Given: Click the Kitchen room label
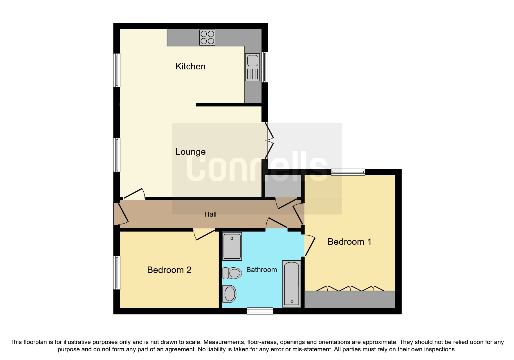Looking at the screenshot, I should click(x=190, y=66).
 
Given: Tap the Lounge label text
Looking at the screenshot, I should click(x=190, y=152).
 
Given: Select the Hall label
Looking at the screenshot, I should click(x=210, y=214).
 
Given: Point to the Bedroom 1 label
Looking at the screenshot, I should click(x=349, y=242).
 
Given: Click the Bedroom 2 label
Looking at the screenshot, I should click(x=169, y=270).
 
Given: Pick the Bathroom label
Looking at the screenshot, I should click(x=261, y=270).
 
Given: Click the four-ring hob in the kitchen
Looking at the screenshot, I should click(x=207, y=37).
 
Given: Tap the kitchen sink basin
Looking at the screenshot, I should click(x=253, y=61).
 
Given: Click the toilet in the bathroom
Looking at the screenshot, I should click(x=232, y=273).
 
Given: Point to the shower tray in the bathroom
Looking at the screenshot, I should click(x=232, y=246).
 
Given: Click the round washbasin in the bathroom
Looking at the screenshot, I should click(x=229, y=294).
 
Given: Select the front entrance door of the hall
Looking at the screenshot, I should click(x=122, y=215).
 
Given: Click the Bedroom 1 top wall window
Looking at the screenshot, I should click(x=348, y=172).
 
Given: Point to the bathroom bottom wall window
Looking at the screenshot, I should click(x=260, y=311).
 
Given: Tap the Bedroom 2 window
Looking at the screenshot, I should click(x=117, y=273).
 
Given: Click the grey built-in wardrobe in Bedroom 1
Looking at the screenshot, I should click(x=349, y=299).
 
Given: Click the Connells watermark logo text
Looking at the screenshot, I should click(x=257, y=167).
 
